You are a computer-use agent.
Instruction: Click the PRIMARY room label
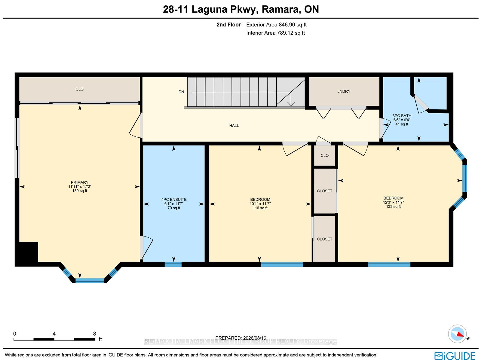point(80,182)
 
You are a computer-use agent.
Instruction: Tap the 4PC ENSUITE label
point(174,200)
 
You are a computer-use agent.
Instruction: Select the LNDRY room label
point(344,91)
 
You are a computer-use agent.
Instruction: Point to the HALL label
point(234,126)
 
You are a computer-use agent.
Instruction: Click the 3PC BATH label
point(402,116)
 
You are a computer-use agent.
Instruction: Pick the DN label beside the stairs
point(181,92)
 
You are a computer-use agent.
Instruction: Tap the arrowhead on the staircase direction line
point(291,103)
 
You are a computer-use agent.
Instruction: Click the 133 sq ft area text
point(393,206)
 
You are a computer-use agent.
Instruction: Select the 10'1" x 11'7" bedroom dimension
point(260,204)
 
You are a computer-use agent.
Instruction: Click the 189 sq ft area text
point(80,191)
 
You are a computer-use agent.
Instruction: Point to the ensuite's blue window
point(173,264)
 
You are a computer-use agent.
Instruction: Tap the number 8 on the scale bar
point(94,334)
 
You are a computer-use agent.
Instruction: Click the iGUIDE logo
point(455,355)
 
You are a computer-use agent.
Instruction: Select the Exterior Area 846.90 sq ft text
point(276,25)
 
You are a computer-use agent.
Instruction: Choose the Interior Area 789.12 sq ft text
point(275,33)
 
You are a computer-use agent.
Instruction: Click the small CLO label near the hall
point(325,155)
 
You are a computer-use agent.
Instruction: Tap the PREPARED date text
point(240,338)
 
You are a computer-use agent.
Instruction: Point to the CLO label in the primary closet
point(79,89)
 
